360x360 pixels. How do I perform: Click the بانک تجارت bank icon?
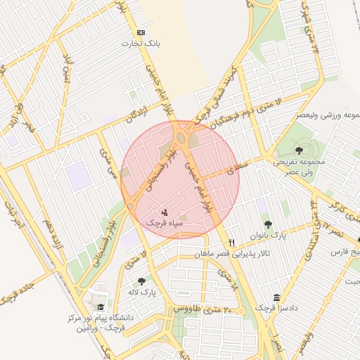(141, 32)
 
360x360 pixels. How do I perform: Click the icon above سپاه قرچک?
(164, 212)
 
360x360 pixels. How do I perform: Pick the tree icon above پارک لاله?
(142, 281)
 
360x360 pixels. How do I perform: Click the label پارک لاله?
(143, 291)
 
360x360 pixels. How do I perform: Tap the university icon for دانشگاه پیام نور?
(101, 307)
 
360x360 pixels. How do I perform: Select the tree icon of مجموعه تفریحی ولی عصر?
(300, 150)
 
